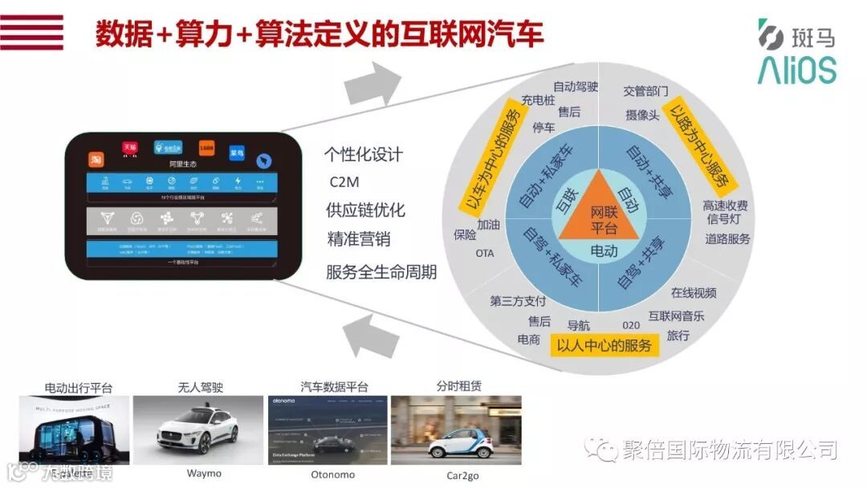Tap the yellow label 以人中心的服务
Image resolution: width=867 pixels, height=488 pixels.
(x=605, y=345)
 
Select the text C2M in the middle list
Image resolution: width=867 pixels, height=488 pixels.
(x=344, y=181)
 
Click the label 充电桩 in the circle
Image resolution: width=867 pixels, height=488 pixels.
(x=538, y=100)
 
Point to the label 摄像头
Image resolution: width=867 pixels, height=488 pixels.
(x=642, y=116)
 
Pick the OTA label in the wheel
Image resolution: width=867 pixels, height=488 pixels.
(x=485, y=253)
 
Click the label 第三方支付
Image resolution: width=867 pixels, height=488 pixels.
(x=518, y=301)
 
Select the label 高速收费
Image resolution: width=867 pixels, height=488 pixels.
(x=725, y=205)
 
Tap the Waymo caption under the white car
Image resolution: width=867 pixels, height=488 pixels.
(x=204, y=474)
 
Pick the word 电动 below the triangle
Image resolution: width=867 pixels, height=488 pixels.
(x=603, y=251)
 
